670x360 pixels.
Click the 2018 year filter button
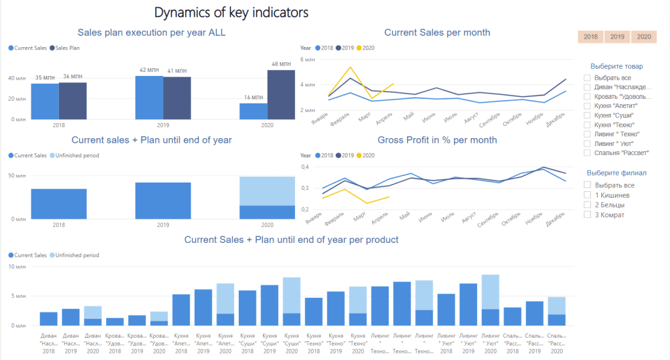click(591, 37)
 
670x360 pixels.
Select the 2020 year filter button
click(644, 37)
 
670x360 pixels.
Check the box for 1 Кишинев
click(588, 195)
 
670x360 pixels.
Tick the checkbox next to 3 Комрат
click(588, 215)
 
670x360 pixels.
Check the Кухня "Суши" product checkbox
click(588, 115)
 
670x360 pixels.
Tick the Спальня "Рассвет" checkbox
click(588, 153)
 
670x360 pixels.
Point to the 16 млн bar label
click(253, 98)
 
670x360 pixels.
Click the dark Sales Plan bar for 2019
click(177, 98)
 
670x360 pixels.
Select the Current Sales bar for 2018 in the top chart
click(44, 101)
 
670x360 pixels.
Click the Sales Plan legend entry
click(71, 48)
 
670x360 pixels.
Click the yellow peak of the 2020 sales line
click(351, 67)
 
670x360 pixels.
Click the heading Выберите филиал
click(616, 173)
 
